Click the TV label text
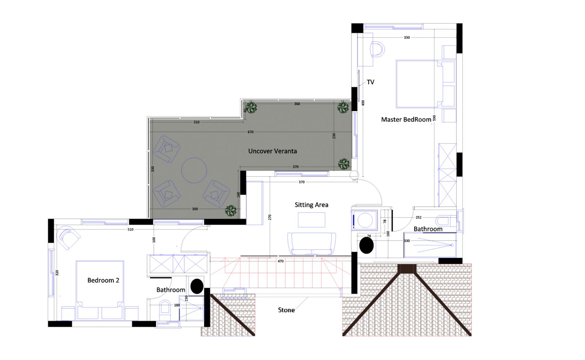point(370,82)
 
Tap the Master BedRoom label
point(406,119)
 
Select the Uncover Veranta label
point(272,151)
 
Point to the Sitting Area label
point(311,205)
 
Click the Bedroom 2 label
point(103,280)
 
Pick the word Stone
point(286,310)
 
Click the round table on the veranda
point(194,170)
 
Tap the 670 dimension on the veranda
point(250,132)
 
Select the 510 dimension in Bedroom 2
point(130,229)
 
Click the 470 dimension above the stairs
point(280,261)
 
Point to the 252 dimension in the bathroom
point(418,217)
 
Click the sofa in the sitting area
point(312,244)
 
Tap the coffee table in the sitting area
point(312,220)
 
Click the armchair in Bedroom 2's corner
point(68,237)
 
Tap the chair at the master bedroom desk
point(377,49)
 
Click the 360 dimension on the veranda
point(297,104)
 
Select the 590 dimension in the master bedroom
point(434,118)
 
